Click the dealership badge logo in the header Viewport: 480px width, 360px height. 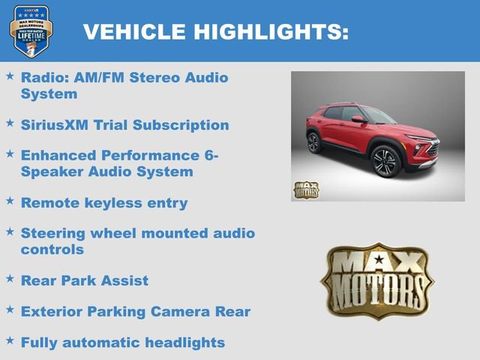[31, 31]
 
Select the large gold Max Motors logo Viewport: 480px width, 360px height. [377, 282]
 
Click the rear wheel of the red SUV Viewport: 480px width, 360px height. [313, 142]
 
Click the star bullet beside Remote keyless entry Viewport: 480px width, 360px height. [10, 200]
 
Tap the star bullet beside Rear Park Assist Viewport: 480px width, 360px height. [10, 278]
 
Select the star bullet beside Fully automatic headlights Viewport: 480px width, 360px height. [10, 340]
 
